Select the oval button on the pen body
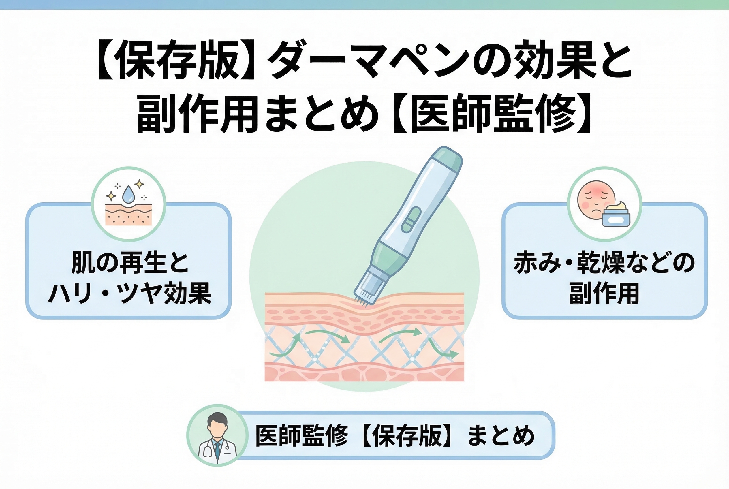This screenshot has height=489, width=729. tap(411, 220)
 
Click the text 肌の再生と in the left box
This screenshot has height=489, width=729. tap(130, 263)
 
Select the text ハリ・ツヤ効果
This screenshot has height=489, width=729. tap(130, 294)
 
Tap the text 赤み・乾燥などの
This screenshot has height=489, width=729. tap(604, 263)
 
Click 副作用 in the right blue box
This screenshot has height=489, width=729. tap(604, 294)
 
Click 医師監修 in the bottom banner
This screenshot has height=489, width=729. tap(301, 436)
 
